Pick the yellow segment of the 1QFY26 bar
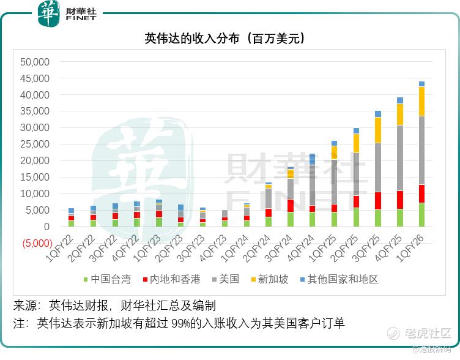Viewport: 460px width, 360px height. (x=421, y=101)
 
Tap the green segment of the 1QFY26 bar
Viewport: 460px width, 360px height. (x=421, y=215)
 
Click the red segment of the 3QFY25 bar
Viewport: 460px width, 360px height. (x=378, y=201)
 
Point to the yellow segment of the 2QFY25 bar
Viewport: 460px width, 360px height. (x=356, y=143)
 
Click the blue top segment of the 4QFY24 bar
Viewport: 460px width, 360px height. (x=312, y=159)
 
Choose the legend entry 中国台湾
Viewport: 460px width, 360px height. (x=106, y=279)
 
